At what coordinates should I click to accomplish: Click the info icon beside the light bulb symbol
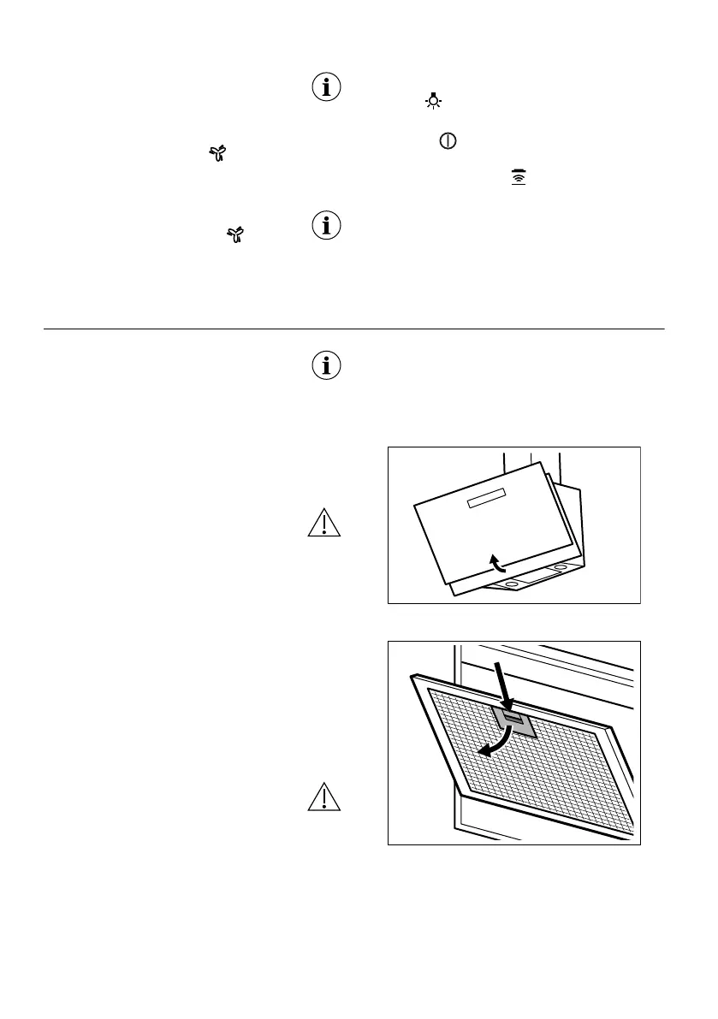point(325,88)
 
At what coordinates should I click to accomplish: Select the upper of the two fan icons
point(220,153)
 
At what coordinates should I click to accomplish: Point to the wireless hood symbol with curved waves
point(517,175)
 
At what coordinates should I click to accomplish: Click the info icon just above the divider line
point(325,227)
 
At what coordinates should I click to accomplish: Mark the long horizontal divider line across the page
point(353,329)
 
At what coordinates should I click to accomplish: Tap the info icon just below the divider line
point(325,366)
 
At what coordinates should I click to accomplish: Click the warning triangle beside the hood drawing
point(325,523)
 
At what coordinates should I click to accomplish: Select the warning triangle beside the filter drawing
point(325,797)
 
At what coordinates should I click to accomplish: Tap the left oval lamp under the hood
point(512,584)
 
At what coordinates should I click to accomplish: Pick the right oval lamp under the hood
point(560,567)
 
